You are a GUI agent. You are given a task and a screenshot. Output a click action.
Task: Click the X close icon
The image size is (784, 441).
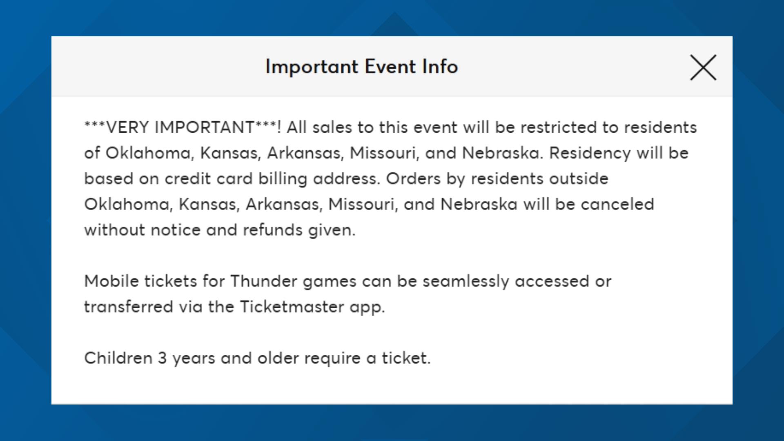tap(703, 67)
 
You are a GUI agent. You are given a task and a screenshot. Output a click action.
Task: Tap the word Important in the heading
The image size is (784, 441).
tap(312, 67)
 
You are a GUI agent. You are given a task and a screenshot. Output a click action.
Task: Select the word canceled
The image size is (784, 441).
tap(617, 204)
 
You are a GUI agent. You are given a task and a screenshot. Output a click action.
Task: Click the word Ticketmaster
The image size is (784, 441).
tap(292, 307)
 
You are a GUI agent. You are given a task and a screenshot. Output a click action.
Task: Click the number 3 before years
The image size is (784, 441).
tap(162, 358)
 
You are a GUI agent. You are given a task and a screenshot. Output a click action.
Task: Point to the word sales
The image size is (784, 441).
tap(332, 127)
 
